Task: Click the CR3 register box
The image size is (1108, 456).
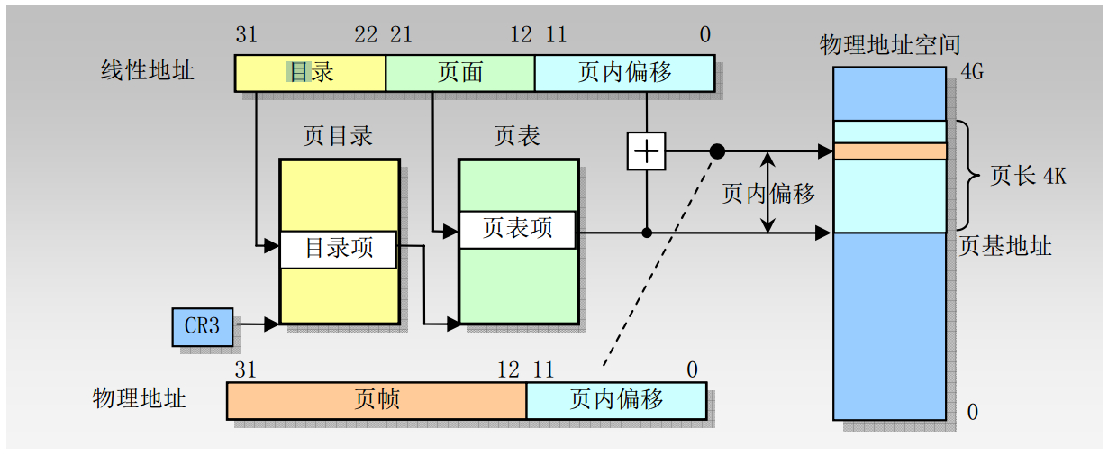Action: pos(202,326)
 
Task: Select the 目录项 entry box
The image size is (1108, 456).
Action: pos(338,250)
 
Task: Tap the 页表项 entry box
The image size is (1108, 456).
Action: pos(517,230)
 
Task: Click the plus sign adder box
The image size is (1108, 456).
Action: pos(646,150)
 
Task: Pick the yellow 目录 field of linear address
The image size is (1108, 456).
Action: pos(310,73)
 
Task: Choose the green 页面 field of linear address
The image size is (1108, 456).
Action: pos(460,73)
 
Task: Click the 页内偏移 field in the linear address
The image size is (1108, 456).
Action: pos(624,73)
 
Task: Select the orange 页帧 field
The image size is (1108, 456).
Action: pos(377,400)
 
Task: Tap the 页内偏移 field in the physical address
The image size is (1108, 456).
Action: pos(616,400)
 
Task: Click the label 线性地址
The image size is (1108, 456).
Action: pos(147,70)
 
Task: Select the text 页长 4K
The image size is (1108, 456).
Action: pos(1028,176)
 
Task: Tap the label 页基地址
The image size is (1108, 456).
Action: pos(1005,246)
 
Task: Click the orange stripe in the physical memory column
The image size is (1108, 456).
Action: pos(890,151)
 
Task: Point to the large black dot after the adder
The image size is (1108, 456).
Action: pos(717,151)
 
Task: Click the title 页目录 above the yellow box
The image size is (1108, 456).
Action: pos(338,137)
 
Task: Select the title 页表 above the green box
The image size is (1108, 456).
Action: pos(517,137)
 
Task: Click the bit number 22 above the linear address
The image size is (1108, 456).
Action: pos(366,35)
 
